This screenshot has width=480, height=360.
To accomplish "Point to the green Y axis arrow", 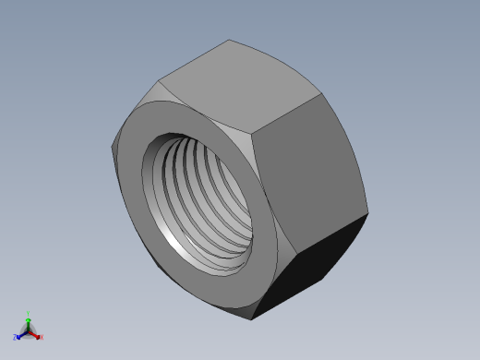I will tap(28, 318).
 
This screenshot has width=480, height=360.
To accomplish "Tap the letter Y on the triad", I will tap(29, 313).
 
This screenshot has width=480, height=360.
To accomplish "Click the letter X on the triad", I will tap(42, 337).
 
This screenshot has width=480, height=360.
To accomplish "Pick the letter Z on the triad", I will tap(16, 338).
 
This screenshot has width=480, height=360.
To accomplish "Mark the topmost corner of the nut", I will tap(229, 40).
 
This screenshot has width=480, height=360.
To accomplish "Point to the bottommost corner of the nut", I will tap(255, 320).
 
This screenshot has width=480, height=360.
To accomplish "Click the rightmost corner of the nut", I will tap(367, 214).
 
